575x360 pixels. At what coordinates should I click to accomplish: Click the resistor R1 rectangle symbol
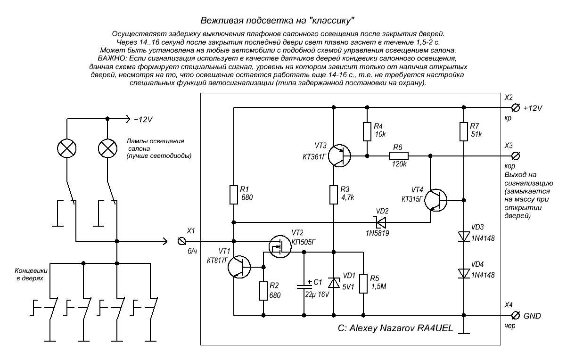[234, 195]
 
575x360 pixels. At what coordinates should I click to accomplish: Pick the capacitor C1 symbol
[304, 286]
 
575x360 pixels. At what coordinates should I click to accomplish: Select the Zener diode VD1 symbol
[334, 283]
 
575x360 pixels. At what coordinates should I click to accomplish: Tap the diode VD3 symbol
[464, 237]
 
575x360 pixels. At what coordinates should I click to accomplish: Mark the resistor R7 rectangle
[464, 132]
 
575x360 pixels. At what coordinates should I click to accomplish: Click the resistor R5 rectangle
[364, 283]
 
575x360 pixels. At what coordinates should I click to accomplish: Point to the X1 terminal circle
[181, 241]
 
